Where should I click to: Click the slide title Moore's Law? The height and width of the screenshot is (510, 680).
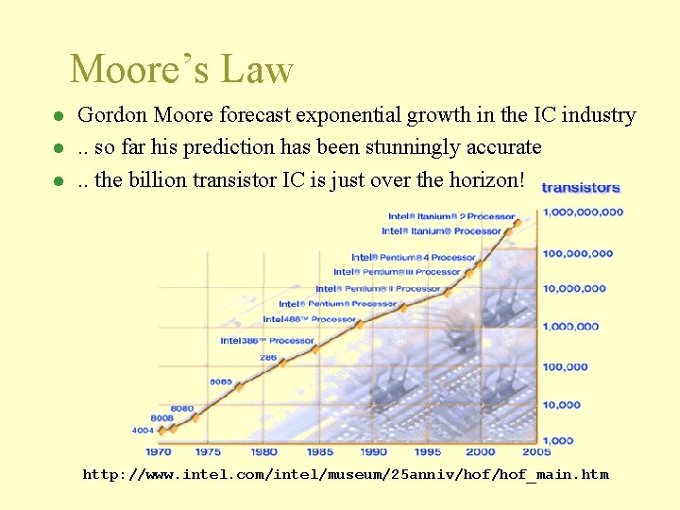(181, 70)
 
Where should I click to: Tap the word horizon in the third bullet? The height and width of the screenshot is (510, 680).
(481, 179)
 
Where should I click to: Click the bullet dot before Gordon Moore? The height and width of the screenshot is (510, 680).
(58, 117)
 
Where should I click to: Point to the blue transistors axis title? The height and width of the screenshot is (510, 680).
(581, 188)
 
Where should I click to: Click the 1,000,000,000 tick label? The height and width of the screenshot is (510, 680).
(584, 212)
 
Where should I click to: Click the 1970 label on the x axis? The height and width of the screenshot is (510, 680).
(159, 451)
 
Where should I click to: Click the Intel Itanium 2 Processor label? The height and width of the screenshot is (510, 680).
(451, 217)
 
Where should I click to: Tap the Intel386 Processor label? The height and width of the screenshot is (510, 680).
(267, 340)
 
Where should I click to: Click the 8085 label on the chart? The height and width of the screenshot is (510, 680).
(221, 382)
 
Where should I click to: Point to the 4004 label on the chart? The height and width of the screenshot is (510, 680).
(142, 430)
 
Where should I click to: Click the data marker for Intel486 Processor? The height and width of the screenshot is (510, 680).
(360, 324)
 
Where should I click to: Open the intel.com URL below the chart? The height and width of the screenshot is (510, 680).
(346, 474)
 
